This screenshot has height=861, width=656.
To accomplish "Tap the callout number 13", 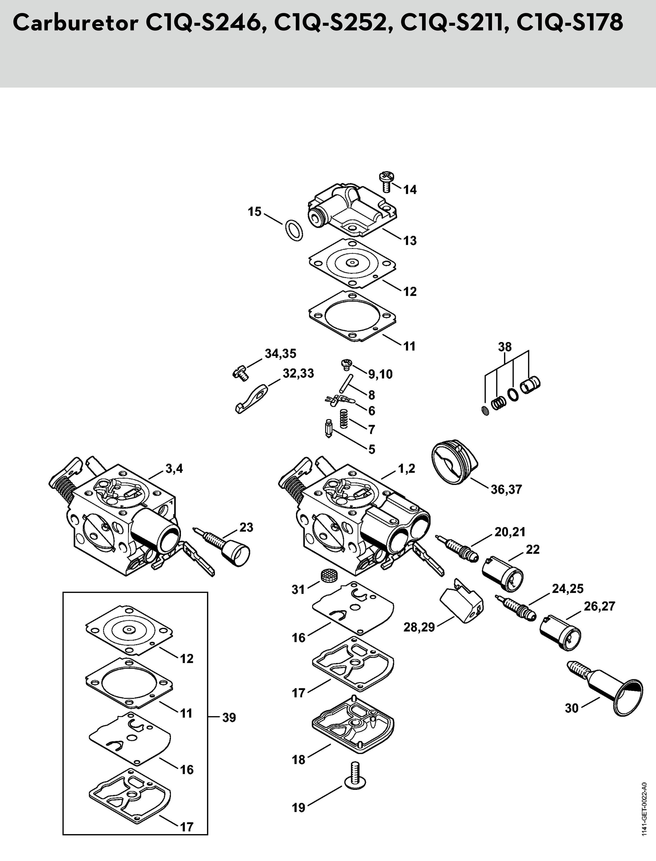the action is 410,241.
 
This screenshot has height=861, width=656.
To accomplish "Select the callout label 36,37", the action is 506,489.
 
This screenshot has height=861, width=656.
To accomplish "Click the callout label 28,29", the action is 419,628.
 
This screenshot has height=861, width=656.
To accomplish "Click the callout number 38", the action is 505,347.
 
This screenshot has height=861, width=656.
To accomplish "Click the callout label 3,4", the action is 174,469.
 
